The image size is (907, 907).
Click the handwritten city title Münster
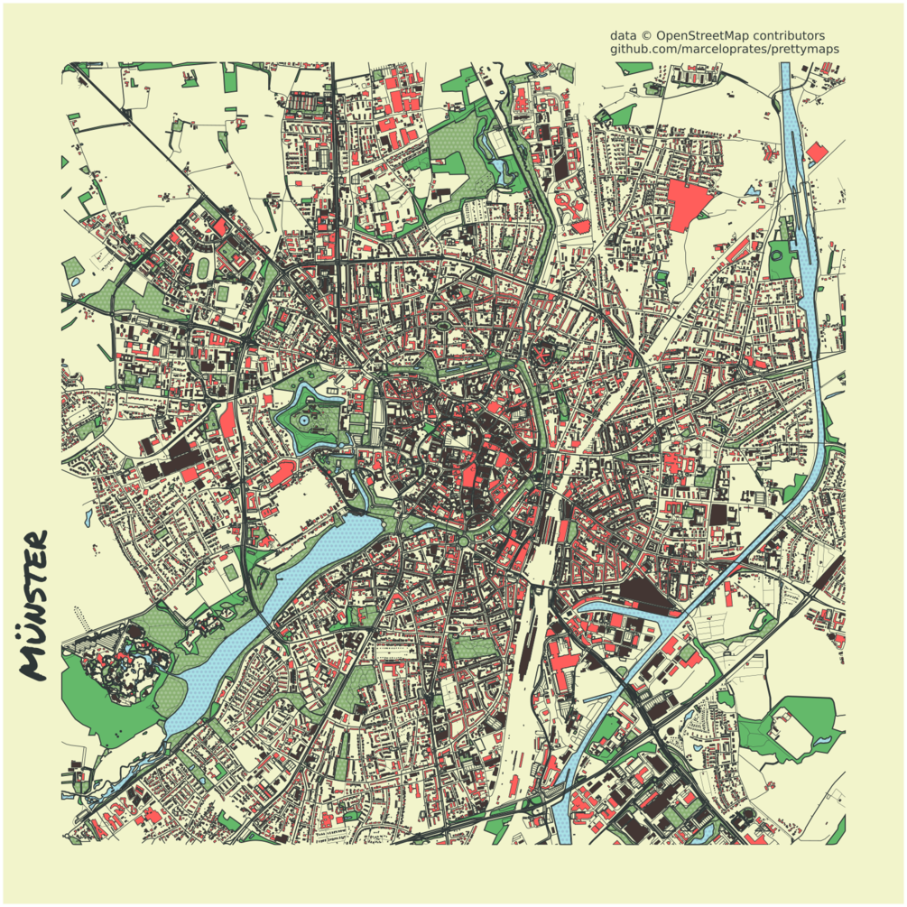click(33, 605)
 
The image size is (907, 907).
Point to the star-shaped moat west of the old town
click(311, 420)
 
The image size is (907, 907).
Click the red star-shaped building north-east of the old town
click(544, 355)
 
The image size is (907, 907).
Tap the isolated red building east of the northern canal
click(817, 153)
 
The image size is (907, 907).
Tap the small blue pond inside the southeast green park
click(823, 740)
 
